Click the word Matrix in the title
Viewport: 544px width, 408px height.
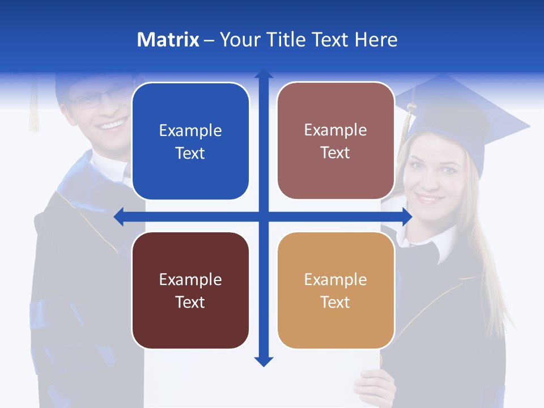[168, 40]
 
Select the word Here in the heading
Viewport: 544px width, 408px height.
[376, 40]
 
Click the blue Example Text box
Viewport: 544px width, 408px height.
[190, 141]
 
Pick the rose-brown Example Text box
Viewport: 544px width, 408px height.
[335, 141]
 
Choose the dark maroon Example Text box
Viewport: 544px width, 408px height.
[190, 290]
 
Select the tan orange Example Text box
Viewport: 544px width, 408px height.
[335, 290]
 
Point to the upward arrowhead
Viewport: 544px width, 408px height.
[263, 74]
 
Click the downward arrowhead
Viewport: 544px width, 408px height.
[263, 361]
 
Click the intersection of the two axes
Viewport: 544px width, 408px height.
[263, 216]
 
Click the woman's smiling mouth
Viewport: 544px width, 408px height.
[430, 199]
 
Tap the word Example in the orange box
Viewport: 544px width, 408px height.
[335, 279]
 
